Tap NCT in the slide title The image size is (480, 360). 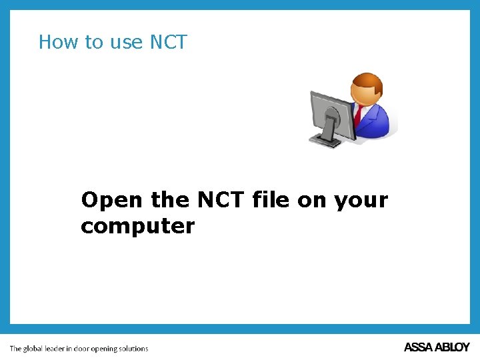pos(169,42)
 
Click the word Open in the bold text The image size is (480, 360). pos(111,200)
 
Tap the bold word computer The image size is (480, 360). pos(137,227)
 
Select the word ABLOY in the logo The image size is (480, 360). pos(453,347)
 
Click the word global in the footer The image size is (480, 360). pos(33,349)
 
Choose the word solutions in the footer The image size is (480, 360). pos(133,349)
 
